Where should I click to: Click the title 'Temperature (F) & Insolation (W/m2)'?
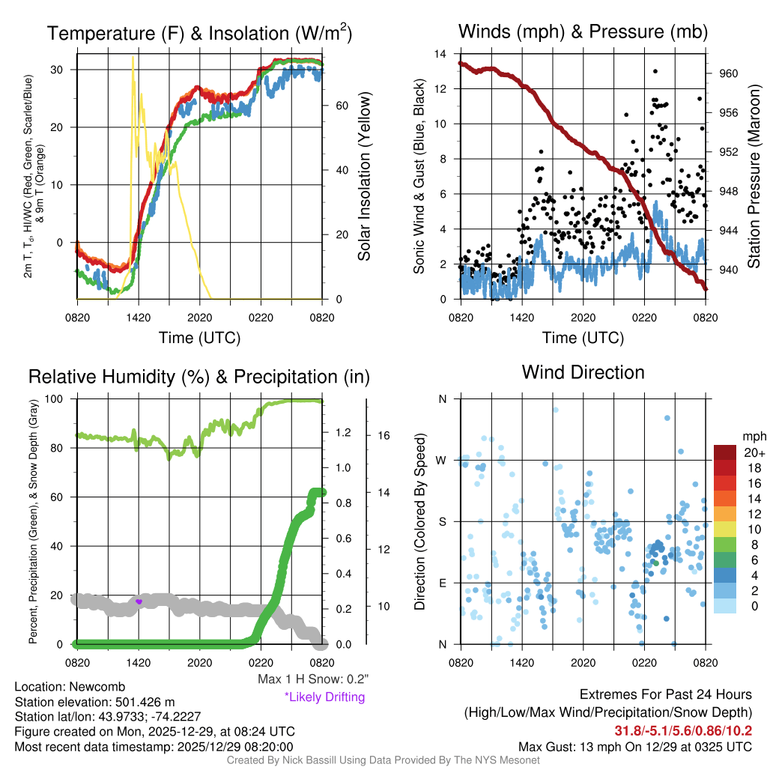[199, 33]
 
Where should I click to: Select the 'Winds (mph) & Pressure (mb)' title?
[583, 31]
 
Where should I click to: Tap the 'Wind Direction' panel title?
[583, 372]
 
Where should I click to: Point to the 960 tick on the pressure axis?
[729, 73]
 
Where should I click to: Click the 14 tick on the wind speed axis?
[440, 54]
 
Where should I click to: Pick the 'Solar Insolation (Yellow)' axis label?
[365, 177]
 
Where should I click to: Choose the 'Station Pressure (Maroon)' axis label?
[754, 177]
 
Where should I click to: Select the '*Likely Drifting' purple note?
[324, 697]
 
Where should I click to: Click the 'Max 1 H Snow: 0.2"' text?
[312, 679]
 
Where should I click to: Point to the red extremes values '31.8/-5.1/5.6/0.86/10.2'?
[683, 730]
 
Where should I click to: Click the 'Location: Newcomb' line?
[70, 686]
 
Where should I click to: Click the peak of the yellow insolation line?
[133, 58]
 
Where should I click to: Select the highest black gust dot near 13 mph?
[655, 71]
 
